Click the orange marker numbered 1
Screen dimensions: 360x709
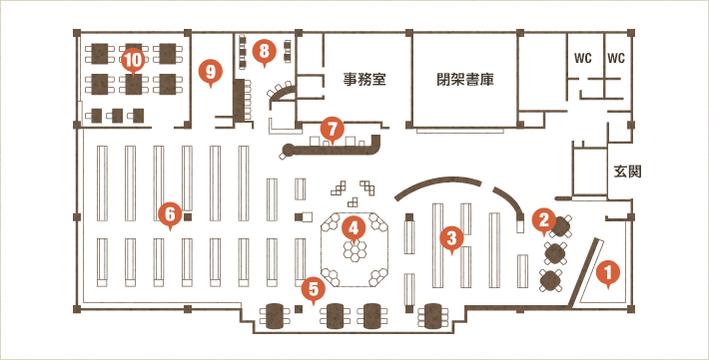[x=605, y=269]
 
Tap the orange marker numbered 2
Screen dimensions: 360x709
[x=543, y=216]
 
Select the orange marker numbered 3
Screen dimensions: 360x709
[x=451, y=237]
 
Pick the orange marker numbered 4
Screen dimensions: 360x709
[x=352, y=227]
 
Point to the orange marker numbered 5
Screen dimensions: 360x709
[x=315, y=289]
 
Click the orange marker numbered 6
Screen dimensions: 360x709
[x=169, y=212]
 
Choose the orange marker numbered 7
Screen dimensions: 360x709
[x=333, y=129]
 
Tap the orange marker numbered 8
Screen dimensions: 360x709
[x=263, y=49]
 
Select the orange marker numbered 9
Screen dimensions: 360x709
[x=209, y=71]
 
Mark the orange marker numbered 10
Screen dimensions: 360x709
[x=134, y=59]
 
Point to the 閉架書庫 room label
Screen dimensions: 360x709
[x=466, y=78]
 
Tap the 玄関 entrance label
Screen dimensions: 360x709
[x=627, y=172]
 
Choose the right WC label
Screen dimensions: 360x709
[x=616, y=58]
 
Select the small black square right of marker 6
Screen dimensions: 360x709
[x=187, y=215]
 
